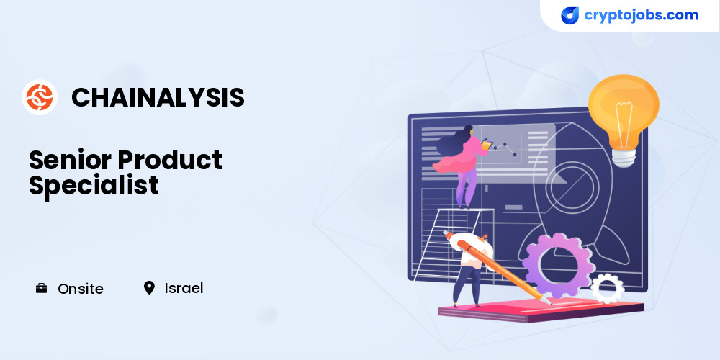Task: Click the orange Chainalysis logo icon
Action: tap(40, 97)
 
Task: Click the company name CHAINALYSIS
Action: tap(158, 98)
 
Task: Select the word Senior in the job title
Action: tap(71, 161)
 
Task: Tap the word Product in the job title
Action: tap(170, 161)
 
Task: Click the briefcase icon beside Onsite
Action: tap(41, 289)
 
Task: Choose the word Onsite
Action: tap(81, 289)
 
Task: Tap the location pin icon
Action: tap(149, 289)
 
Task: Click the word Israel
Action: tap(184, 289)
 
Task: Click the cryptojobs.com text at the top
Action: tap(641, 15)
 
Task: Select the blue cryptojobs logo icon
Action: tap(570, 16)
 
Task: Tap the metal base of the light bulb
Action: tap(624, 158)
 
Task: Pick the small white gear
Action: tap(607, 289)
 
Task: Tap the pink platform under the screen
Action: tap(541, 310)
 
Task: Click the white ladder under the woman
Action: tap(452, 246)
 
